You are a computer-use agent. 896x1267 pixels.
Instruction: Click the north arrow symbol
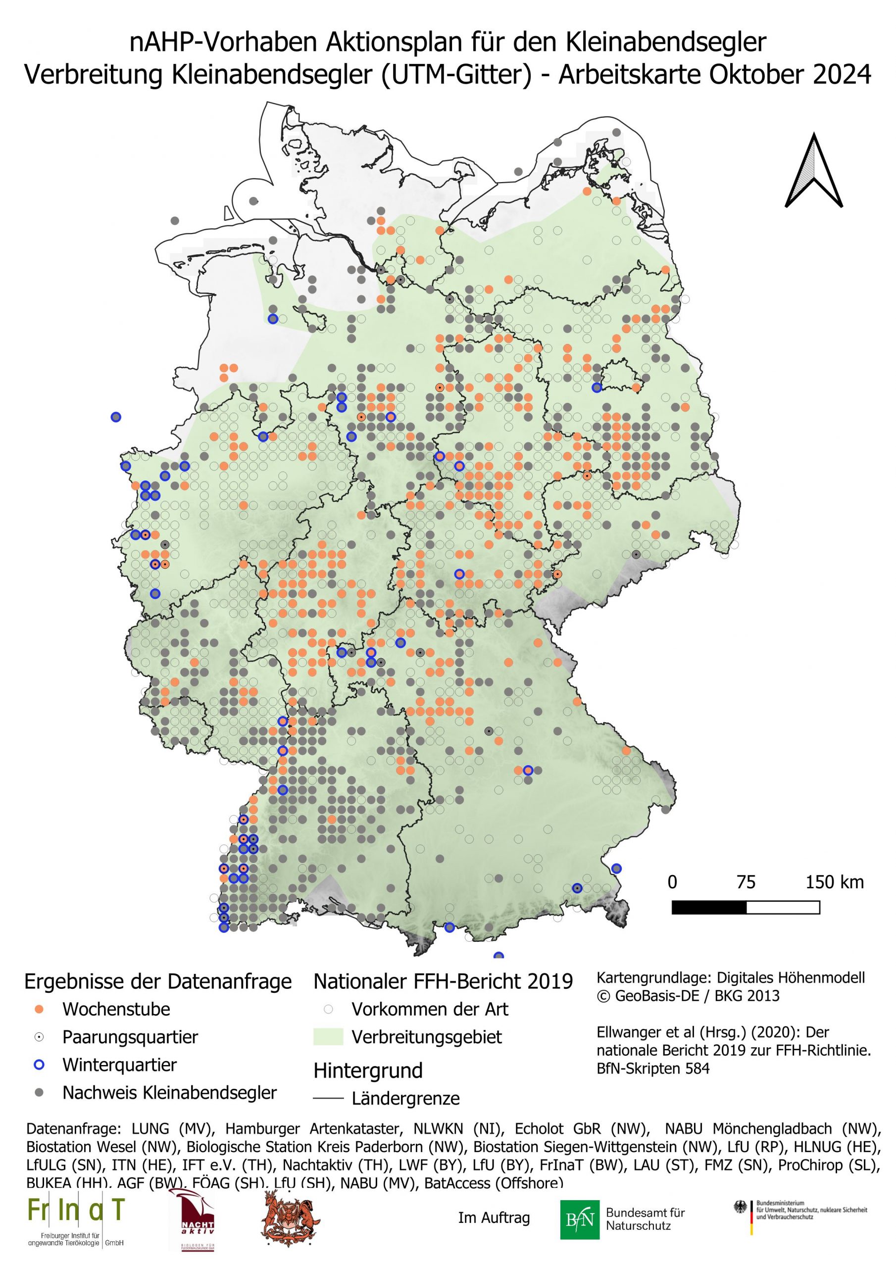813,171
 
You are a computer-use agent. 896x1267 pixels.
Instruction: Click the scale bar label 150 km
834,882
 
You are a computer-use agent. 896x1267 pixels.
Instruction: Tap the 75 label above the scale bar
746,882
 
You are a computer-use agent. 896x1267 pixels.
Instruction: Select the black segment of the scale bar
709,907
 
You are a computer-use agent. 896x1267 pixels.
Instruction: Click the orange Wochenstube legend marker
39,1009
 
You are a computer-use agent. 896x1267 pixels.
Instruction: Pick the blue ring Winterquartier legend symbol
39,1065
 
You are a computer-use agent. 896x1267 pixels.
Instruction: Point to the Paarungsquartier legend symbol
39,1037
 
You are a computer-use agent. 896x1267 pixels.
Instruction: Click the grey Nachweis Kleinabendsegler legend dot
39,1093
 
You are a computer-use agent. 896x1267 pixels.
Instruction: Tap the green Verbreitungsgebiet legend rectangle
328,1037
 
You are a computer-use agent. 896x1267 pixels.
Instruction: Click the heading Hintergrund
368,1071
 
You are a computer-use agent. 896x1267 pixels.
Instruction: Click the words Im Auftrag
494,1218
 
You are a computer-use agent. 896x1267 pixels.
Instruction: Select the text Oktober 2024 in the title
790,74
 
